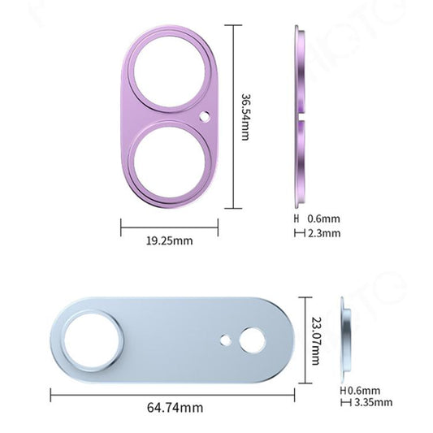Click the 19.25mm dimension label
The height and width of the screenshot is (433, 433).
tap(169, 241)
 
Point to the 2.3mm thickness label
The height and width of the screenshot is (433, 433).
tap(320, 234)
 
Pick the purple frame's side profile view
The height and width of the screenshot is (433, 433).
tap(300, 115)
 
